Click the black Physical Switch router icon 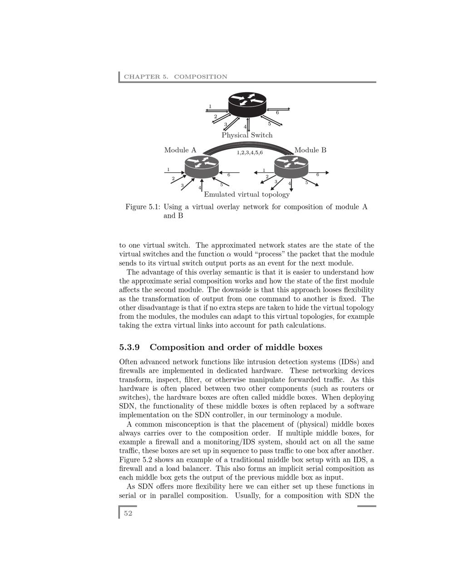tap(247, 104)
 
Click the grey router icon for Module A tap(202, 167)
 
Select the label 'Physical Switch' tap(247, 135)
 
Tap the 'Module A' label tap(180, 150)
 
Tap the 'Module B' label tap(311, 150)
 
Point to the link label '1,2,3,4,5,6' tap(250, 153)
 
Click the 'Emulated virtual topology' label tap(247, 195)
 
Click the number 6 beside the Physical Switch tap(277, 113)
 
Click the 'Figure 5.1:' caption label tap(143, 207)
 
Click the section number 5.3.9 tap(129, 347)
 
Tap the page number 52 tap(128, 514)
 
